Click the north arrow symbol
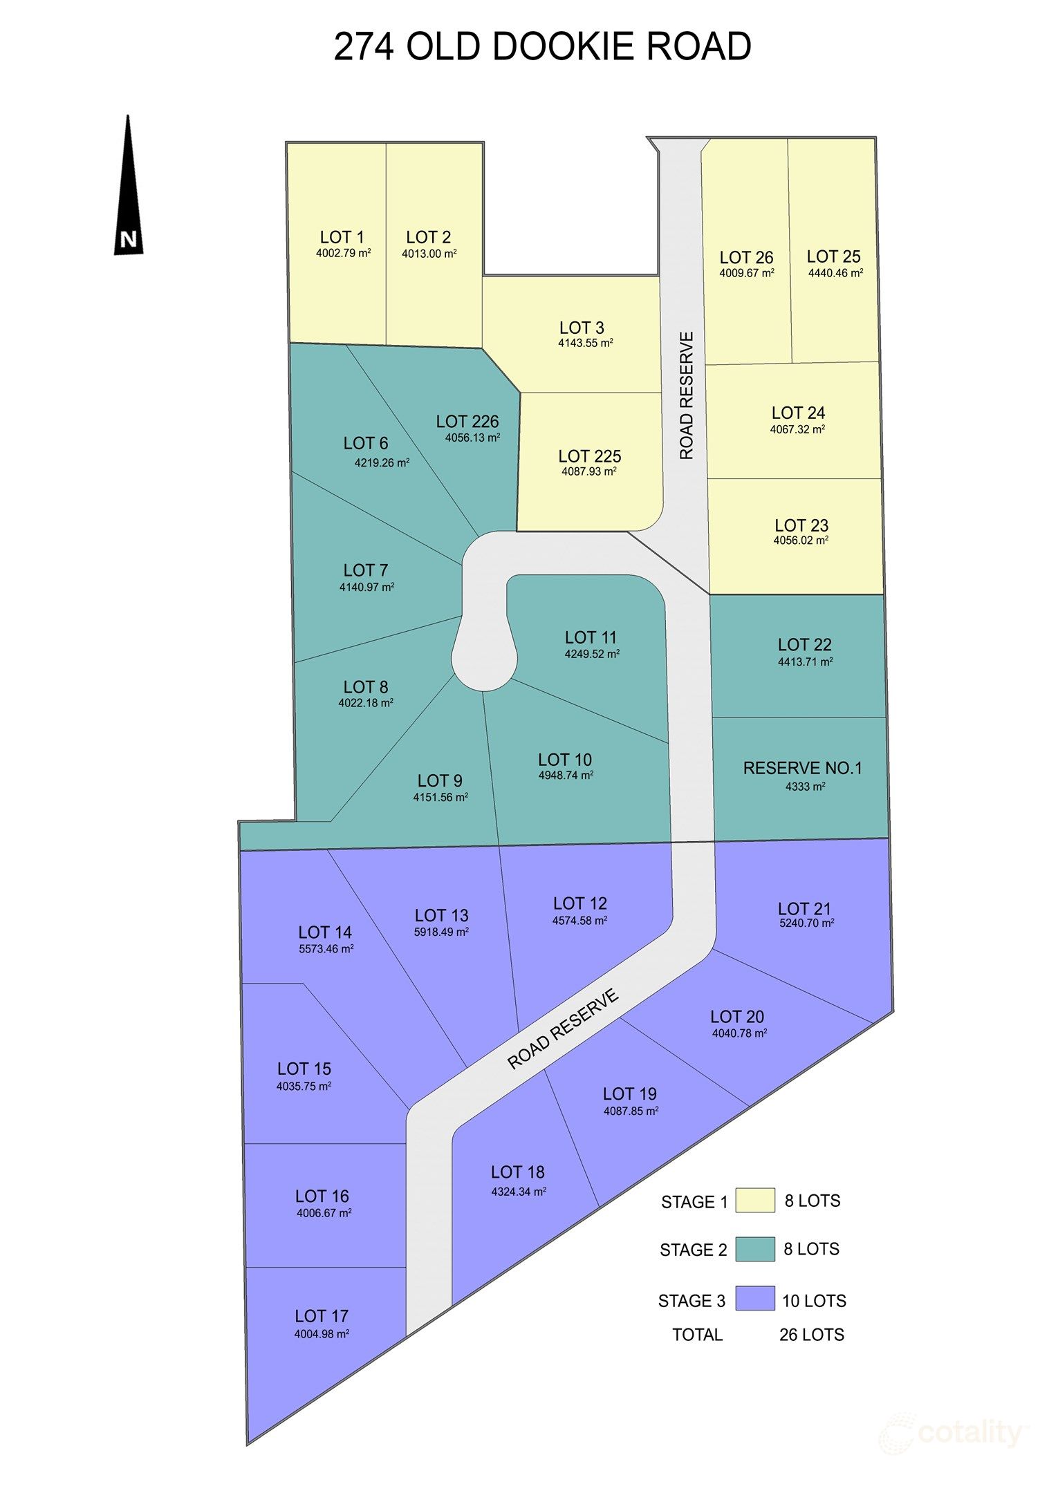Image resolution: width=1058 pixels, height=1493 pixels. (x=128, y=187)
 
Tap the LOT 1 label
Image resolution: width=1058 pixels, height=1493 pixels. (x=342, y=237)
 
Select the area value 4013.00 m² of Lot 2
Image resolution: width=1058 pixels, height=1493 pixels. (x=429, y=254)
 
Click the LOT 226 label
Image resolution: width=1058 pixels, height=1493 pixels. (x=467, y=422)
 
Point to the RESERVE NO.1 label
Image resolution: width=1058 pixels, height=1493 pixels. (x=802, y=768)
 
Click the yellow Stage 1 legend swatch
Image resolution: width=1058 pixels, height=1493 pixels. (x=754, y=1201)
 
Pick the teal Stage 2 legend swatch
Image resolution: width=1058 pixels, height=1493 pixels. (x=754, y=1249)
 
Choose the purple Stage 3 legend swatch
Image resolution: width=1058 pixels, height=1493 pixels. (x=754, y=1298)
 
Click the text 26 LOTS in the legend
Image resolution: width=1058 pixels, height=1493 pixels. (x=811, y=1335)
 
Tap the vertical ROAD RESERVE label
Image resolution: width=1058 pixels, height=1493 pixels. (x=686, y=395)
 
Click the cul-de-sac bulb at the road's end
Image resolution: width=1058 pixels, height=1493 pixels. (x=484, y=660)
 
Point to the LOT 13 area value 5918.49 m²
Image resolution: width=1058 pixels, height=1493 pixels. (x=441, y=932)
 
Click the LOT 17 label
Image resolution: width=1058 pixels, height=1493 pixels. (x=322, y=1316)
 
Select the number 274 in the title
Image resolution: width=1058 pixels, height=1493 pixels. (x=364, y=47)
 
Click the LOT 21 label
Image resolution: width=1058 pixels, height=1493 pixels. (x=804, y=909)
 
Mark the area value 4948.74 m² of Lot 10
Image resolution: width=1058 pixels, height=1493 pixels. (x=566, y=776)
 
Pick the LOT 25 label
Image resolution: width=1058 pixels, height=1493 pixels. (x=833, y=256)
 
